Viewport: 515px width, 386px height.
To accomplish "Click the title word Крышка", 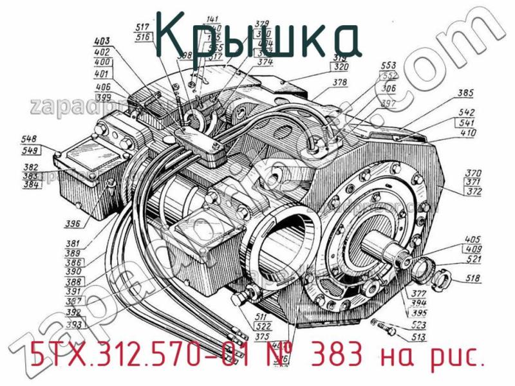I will pos(257,39).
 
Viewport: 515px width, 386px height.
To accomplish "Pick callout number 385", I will pos(466,93).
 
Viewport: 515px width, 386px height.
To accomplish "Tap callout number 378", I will pos(340,82).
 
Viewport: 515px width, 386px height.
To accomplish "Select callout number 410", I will pos(469,134).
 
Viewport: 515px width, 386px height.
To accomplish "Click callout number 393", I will pos(73,325).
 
